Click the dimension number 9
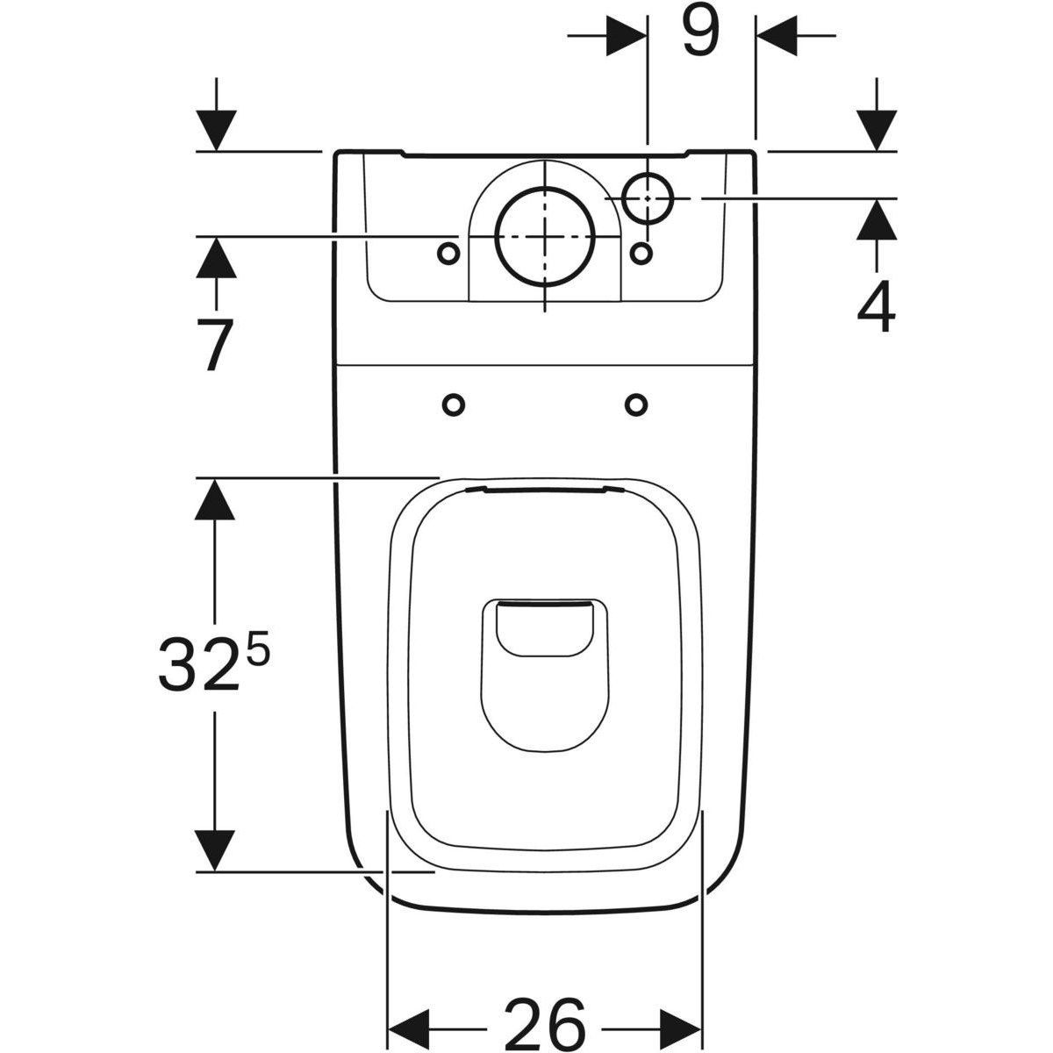[x=699, y=33]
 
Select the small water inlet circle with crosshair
[x=648, y=197]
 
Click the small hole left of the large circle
[x=448, y=253]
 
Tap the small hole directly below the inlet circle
[x=642, y=253]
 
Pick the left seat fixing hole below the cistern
[x=454, y=405]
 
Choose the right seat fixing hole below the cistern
[x=637, y=405]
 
